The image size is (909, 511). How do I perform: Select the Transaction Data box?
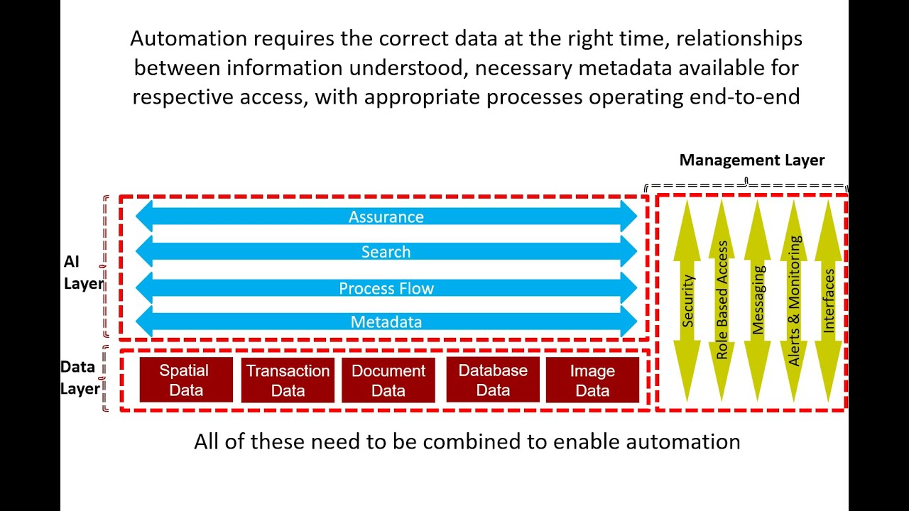[288, 380]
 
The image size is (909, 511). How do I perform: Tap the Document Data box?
[388, 380]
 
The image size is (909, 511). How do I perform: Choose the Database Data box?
[493, 380]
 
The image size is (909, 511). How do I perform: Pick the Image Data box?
[592, 380]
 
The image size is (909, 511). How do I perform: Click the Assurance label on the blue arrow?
[386, 217]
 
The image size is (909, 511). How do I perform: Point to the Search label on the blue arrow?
[386, 252]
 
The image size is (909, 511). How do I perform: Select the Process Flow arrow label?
[386, 288]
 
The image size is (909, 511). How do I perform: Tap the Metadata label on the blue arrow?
[386, 322]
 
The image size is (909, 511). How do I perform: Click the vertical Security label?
[687, 301]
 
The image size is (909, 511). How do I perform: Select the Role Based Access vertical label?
[722, 300]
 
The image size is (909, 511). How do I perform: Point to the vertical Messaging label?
[758, 300]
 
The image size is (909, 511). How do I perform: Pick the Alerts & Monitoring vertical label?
[794, 300]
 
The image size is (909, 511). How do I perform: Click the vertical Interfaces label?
[829, 300]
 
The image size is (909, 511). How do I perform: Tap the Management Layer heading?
[751, 160]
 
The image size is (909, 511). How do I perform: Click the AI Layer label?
[82, 273]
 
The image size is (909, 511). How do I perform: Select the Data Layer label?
[79, 378]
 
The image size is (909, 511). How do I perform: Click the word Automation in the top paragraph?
[187, 38]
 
